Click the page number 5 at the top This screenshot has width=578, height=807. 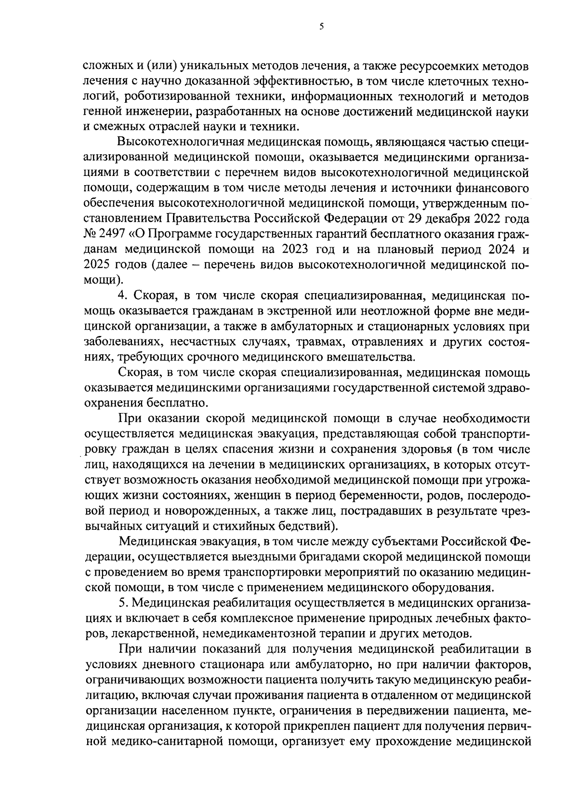[321, 27]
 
